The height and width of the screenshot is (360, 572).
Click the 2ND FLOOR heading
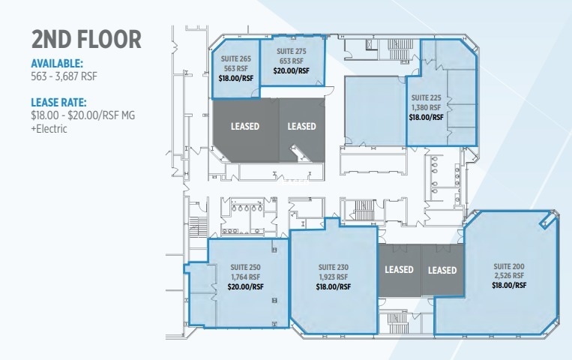86,40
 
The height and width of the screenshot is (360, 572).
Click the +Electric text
49,128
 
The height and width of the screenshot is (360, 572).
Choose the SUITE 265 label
235,58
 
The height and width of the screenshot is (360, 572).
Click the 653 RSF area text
292,61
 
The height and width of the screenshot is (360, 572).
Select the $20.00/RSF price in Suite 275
292,71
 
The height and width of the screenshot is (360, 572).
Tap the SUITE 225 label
427,97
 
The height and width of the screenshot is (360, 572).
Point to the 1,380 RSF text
427,107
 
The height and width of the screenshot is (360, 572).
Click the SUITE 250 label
245,268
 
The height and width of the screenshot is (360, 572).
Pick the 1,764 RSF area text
245,277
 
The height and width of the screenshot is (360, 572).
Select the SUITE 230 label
333,267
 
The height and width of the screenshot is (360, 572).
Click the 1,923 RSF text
333,277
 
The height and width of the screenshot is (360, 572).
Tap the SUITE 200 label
509,266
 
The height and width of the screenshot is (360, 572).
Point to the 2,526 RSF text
509,276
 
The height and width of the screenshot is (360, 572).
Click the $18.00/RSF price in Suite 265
235,77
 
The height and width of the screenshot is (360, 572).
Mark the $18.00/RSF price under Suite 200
509,286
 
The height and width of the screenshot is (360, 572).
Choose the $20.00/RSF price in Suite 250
245,286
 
